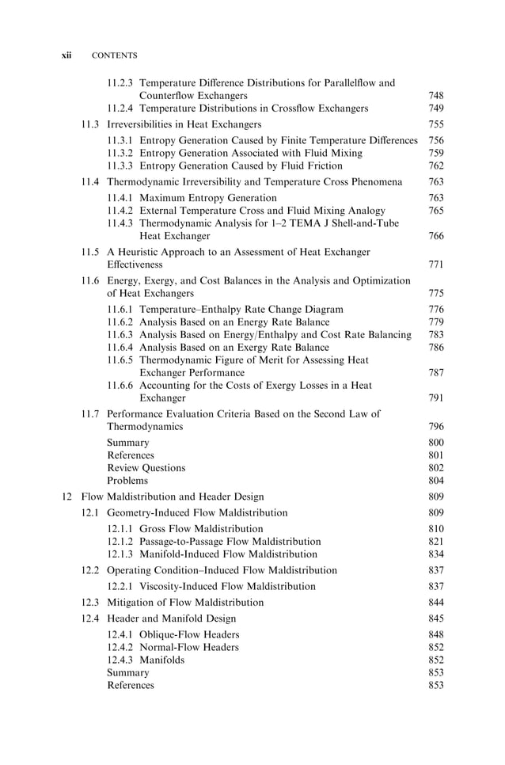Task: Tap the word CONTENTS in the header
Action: tap(115, 55)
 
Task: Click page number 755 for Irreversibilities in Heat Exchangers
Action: tap(436, 124)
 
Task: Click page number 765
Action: tap(436, 211)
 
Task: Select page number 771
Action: tap(436, 265)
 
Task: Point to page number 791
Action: tap(436, 398)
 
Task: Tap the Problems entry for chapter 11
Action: tap(127, 481)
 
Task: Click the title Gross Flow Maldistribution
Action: tap(201, 529)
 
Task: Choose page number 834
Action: tap(436, 554)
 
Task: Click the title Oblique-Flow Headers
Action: tap(189, 635)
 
